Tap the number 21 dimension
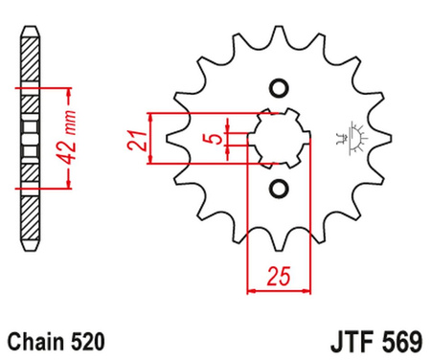(137, 142)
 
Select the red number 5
(216, 141)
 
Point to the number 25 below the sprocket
(279, 278)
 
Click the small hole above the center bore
(278, 90)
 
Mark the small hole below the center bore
(278, 186)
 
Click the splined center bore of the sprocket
(278, 138)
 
